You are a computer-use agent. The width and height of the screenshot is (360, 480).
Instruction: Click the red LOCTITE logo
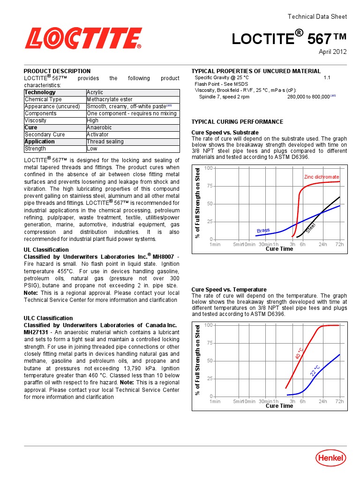[83, 38]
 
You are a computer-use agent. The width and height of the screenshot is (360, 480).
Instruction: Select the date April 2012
[333, 52]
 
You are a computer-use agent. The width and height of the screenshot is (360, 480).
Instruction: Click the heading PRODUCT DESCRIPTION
[57, 71]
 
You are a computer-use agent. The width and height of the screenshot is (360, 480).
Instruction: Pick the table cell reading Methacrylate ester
[110, 99]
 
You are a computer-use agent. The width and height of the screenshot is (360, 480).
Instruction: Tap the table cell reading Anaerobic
[98, 127]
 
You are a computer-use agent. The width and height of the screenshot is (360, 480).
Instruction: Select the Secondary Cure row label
[45, 135]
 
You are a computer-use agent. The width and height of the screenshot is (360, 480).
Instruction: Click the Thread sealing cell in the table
[105, 142]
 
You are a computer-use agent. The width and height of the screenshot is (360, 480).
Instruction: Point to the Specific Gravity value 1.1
[327, 78]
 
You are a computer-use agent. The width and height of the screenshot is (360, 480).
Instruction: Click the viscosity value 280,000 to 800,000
[308, 97]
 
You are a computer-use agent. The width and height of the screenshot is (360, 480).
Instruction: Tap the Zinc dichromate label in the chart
[321, 177]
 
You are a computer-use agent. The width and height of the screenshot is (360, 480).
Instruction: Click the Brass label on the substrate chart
[263, 231]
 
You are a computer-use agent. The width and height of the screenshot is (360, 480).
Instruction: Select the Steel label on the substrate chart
[311, 228]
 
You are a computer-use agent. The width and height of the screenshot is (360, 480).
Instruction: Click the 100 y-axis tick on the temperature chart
[209, 325]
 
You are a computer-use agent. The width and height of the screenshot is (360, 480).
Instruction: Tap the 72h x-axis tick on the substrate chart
[339, 244]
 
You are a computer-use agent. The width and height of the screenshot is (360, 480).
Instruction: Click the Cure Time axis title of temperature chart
[279, 406]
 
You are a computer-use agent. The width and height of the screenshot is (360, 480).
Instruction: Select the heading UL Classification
[46, 250]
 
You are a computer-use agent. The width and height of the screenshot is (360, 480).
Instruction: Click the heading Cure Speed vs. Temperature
[229, 290]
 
